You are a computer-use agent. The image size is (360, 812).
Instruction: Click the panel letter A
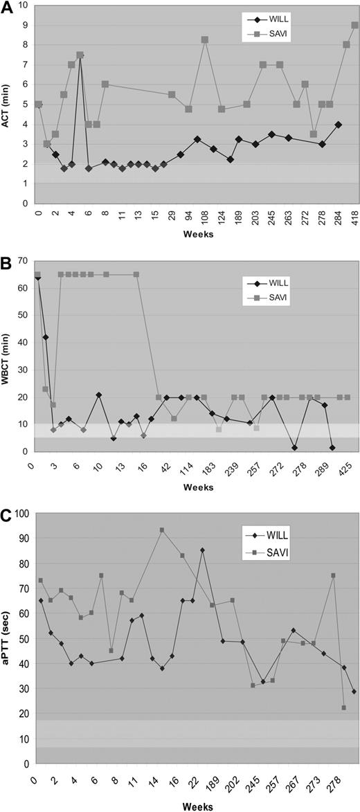tap(8, 8)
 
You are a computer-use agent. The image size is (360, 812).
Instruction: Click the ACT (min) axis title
tap(9, 104)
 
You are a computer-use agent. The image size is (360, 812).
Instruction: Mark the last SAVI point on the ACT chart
tap(354, 25)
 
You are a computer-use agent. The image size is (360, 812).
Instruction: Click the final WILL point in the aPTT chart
tap(354, 692)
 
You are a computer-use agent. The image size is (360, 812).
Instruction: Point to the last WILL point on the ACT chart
tap(338, 125)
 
